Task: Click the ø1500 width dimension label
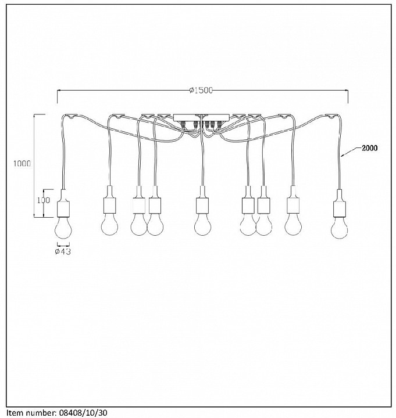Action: [x=201, y=91]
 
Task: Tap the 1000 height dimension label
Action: [x=22, y=163]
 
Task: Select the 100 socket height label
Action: [x=43, y=200]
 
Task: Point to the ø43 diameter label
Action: [x=63, y=251]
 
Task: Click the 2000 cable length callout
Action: [x=370, y=148]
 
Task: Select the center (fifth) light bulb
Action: [x=203, y=224]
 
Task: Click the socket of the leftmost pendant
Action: [x=63, y=203]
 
